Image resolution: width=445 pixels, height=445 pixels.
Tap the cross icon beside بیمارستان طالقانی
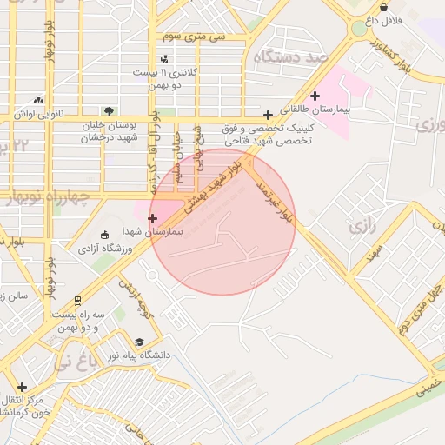(x=315, y=95)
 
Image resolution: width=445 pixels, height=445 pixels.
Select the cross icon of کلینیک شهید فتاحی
(x=269, y=115)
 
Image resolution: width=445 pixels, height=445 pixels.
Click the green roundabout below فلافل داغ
(x=358, y=29)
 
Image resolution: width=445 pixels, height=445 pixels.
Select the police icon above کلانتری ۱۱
(x=165, y=59)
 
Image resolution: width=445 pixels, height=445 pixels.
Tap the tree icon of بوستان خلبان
(x=109, y=111)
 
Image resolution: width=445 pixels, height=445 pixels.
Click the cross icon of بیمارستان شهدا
(x=153, y=218)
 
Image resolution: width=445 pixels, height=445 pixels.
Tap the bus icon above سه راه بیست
(x=77, y=300)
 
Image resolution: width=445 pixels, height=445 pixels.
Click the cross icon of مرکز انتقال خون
(x=22, y=387)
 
